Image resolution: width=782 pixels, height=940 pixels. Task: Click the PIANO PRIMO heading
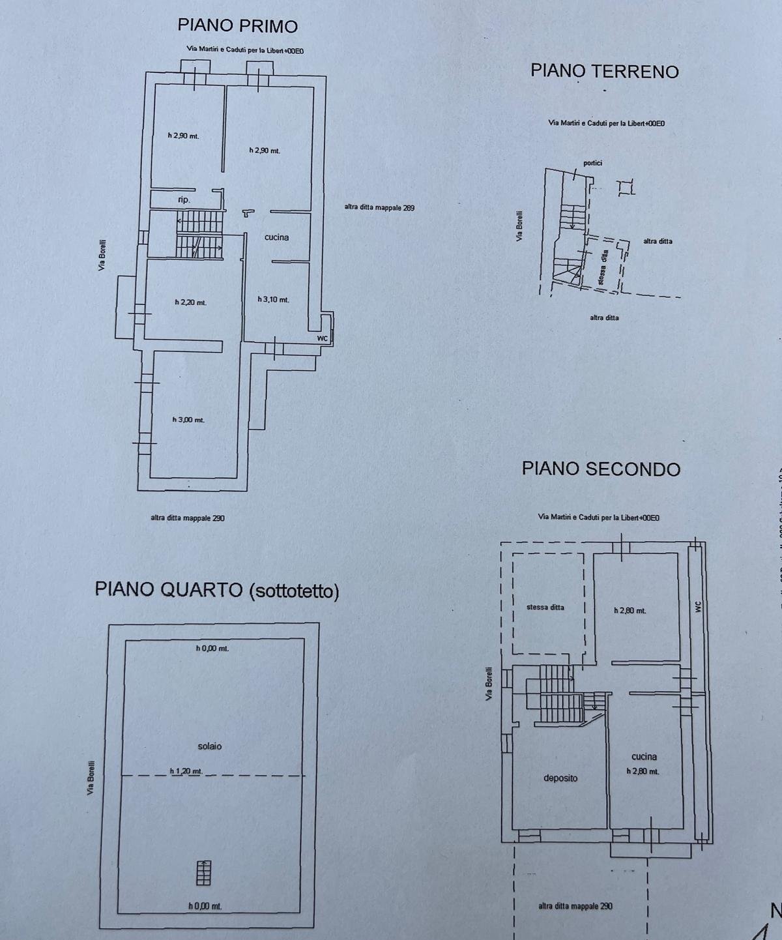pos(237,25)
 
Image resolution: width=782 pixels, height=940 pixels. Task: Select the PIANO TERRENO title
pos(604,70)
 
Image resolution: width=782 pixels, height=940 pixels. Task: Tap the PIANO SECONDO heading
pos(601,469)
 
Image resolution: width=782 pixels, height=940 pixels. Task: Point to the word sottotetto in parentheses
pos(293,591)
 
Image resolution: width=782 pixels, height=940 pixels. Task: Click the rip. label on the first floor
pos(184,200)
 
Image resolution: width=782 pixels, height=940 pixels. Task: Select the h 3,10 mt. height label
pos(273,300)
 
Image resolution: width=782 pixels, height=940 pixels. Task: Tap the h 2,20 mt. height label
pos(190,302)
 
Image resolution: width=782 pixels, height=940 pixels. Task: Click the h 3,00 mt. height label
pos(188,420)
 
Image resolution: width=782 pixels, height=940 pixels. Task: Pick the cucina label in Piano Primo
pos(276,237)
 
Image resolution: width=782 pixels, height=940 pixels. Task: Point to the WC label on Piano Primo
pos(322,338)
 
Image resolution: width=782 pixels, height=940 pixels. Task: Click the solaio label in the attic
pos(209,746)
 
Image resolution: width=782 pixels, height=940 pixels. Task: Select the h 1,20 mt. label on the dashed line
pos(186,771)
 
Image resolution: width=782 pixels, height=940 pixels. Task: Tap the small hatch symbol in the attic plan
pos(204,873)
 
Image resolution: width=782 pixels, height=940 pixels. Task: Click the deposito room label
pos(560,778)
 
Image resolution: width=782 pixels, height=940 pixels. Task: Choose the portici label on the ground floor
pos(592,162)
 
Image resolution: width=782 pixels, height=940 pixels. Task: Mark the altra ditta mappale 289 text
pos(379,208)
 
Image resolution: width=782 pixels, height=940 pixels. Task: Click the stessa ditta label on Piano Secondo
pos(545,607)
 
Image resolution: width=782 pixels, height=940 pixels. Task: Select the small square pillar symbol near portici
pos(626,188)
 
